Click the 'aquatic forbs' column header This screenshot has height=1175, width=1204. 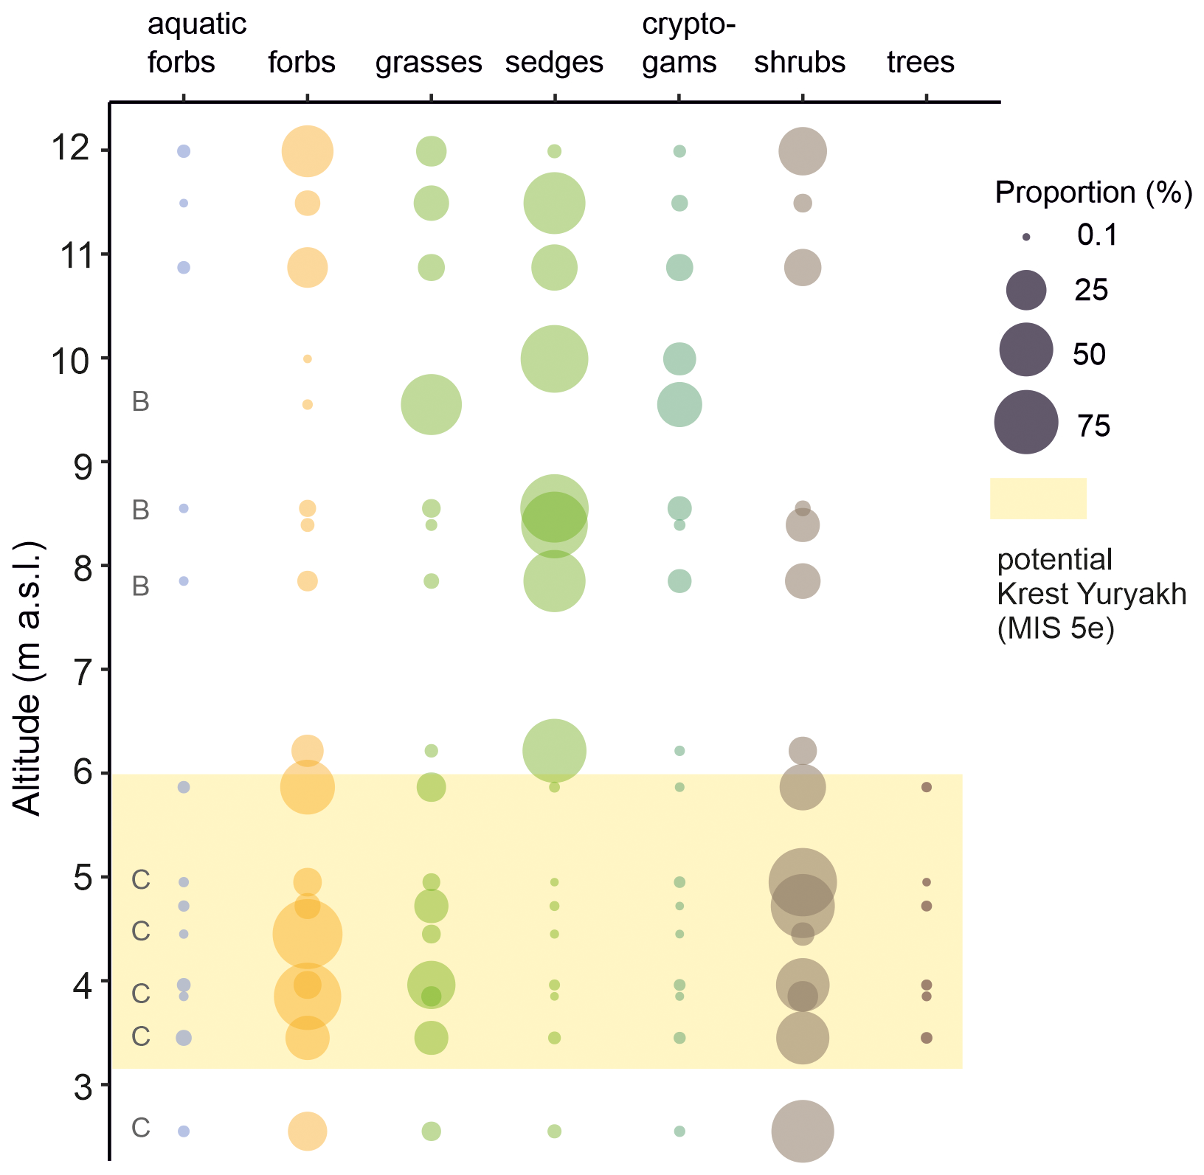196,44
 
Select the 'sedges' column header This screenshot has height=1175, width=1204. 554,63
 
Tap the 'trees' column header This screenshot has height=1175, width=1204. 921,62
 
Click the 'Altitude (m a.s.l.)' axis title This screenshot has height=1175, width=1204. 28,679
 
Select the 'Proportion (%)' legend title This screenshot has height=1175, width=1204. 1093,193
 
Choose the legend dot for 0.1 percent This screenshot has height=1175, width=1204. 1026,237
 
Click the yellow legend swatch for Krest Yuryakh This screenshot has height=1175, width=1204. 1038,499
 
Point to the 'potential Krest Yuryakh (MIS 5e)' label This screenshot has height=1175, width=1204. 1091,595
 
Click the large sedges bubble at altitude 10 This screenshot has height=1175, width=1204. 554,359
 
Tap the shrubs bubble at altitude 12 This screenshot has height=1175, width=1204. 803,151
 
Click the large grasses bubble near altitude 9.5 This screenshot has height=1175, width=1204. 432,405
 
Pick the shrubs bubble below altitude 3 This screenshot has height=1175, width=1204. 803,1131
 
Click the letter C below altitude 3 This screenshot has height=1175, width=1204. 140,1128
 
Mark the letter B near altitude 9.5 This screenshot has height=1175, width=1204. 140,402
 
